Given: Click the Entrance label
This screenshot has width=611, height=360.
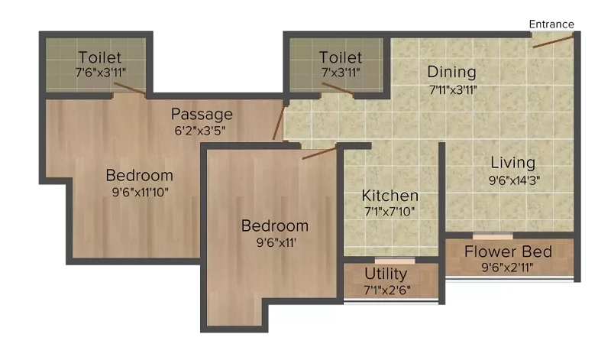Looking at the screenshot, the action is [x=551, y=24].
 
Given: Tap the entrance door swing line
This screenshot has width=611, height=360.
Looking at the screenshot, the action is [x=553, y=41].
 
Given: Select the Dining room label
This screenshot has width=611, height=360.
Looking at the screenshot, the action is [x=451, y=72].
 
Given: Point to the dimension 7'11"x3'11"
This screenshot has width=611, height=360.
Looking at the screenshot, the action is [x=453, y=90].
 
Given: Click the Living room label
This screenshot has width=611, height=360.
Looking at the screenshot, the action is [x=512, y=163].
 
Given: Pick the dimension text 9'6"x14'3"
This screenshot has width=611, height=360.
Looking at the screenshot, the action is [x=514, y=180].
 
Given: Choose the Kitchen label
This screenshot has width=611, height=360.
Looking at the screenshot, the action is [x=390, y=196].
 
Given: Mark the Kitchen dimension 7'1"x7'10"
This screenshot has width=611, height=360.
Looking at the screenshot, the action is [x=390, y=212].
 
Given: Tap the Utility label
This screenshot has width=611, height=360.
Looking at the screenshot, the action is [x=386, y=274].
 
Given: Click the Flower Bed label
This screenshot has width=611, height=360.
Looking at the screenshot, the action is [x=508, y=251].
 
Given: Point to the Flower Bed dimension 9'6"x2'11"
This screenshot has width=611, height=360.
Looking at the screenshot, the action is [x=507, y=268].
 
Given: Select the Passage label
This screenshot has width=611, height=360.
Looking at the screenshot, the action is [x=202, y=115].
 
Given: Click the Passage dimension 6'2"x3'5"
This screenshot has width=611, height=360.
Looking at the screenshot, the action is [x=200, y=131].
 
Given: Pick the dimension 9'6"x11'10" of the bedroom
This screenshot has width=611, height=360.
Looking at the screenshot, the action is [x=141, y=192].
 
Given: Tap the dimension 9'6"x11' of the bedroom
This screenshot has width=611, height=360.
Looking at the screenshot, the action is [x=276, y=242].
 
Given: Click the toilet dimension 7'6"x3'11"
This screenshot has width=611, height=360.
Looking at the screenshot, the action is [x=101, y=73].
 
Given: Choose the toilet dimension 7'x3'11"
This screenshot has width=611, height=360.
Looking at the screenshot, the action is [x=341, y=73].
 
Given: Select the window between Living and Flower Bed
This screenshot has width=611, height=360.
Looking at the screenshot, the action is [x=493, y=236].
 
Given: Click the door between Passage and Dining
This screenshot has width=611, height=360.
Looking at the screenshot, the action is [x=278, y=122].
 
